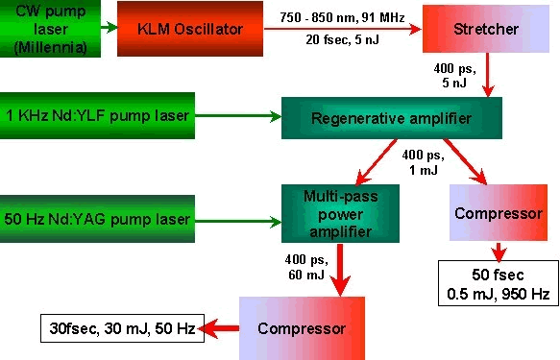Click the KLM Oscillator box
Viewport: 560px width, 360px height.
point(190,29)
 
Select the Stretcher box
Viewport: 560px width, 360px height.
point(486,29)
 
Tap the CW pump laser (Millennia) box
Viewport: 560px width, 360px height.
point(50,29)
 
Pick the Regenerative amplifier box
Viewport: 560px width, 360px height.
point(392,118)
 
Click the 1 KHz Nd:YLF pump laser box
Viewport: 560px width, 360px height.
point(97,115)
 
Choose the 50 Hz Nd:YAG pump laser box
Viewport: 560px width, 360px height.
point(97,219)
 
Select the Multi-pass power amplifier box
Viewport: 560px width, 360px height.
point(340,213)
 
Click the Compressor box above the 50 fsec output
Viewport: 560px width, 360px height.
point(499,213)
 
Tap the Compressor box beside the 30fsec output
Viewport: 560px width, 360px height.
point(302,328)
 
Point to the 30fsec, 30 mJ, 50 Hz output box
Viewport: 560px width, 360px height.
point(123,328)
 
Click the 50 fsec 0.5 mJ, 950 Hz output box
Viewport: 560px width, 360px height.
point(499,283)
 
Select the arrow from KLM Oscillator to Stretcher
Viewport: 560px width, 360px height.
point(343,29)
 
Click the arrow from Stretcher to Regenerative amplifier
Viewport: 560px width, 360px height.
point(488,75)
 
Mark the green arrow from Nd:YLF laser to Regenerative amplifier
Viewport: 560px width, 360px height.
point(238,115)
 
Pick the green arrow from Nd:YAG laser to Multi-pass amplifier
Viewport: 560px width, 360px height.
point(238,222)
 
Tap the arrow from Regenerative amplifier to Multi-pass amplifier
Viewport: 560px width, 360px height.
point(377,161)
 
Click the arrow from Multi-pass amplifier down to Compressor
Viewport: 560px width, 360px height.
point(340,270)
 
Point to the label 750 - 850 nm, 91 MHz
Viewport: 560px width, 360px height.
point(342,16)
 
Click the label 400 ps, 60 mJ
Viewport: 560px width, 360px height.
point(306,267)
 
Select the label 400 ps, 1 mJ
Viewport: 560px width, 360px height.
point(424,162)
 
